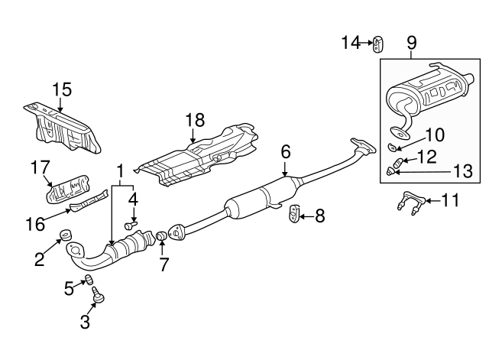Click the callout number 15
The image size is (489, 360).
pos(62,89)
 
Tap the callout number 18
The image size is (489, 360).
pos(195,119)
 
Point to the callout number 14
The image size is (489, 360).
pos(351,43)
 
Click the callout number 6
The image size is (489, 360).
pos(286,152)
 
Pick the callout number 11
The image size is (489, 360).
pos(452,201)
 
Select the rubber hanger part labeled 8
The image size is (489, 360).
pos(294,216)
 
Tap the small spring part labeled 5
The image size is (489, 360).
pos(89,277)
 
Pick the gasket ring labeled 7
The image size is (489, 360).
pos(161,245)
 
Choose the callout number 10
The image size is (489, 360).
pos(433,135)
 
